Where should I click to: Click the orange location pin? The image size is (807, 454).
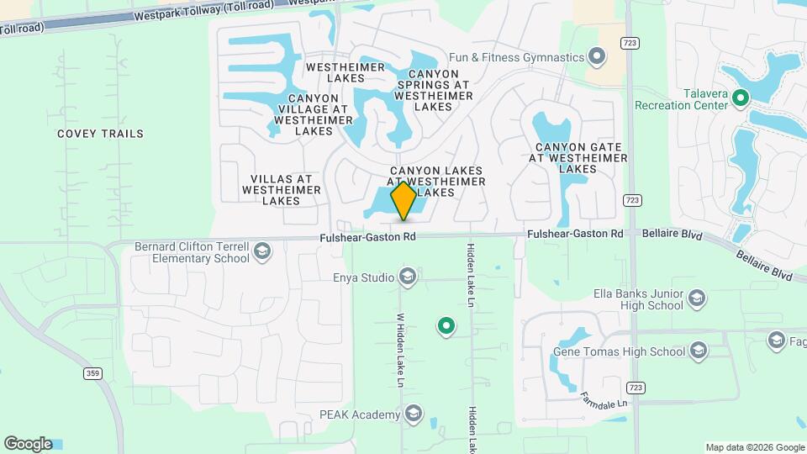(403, 201)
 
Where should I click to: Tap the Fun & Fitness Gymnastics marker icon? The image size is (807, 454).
(597, 57)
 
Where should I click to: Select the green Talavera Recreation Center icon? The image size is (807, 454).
(740, 99)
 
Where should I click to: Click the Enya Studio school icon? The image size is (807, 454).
(408, 277)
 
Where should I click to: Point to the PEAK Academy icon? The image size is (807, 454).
(413, 414)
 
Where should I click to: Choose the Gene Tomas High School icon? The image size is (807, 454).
(698, 351)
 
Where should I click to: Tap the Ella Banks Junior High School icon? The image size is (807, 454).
(696, 298)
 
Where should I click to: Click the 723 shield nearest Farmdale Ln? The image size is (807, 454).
(636, 386)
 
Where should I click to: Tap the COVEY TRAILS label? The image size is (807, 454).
(100, 134)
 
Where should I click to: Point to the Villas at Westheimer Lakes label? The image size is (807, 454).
(281, 190)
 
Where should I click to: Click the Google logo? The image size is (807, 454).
(28, 444)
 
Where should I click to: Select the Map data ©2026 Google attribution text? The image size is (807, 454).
(755, 447)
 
